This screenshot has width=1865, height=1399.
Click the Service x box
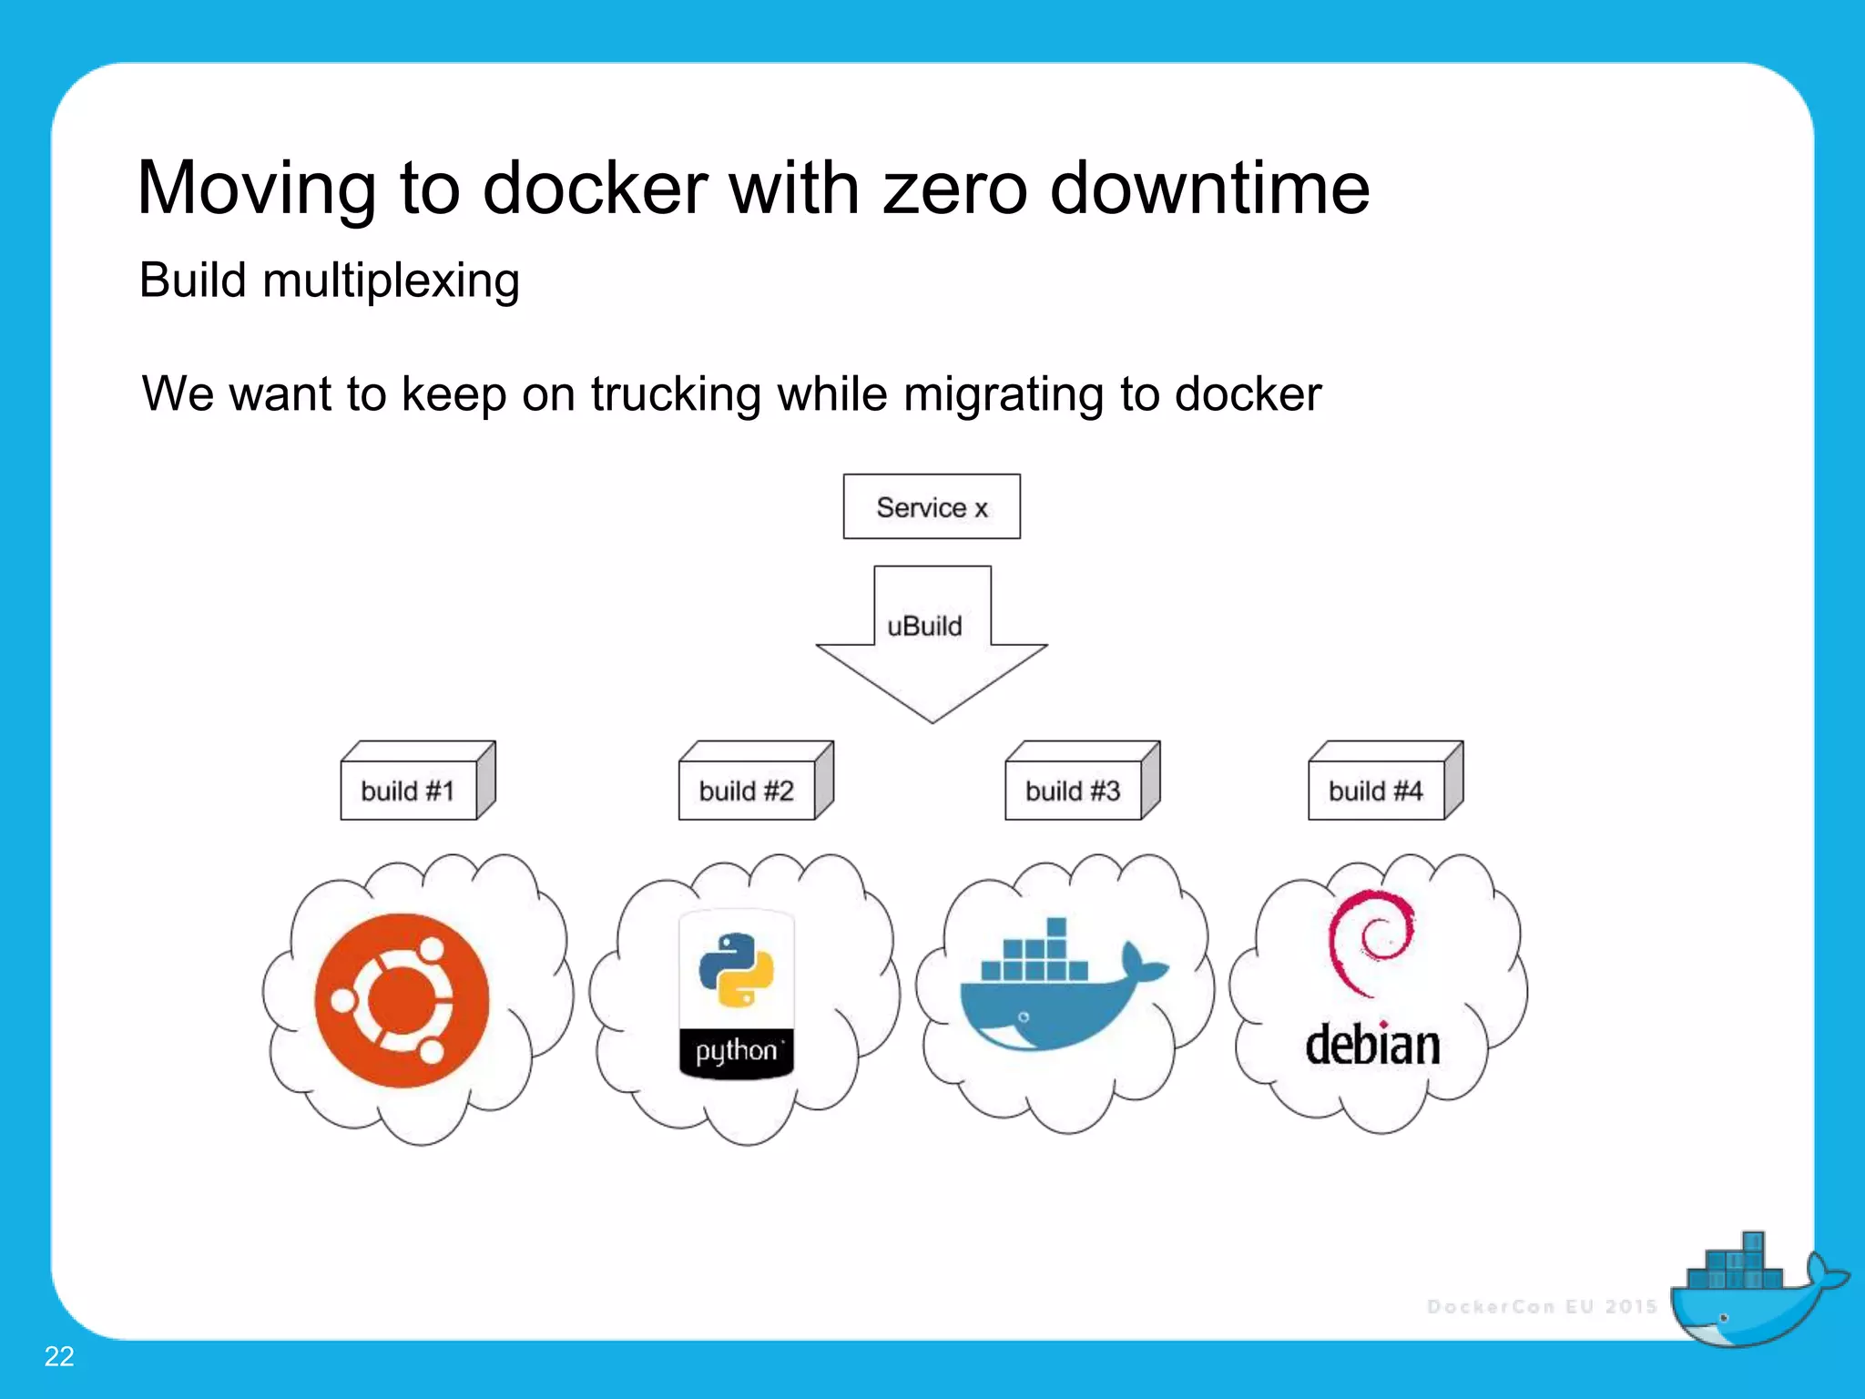[x=931, y=506]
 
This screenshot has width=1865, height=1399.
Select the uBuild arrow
[x=932, y=647]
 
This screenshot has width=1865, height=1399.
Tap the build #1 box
[x=409, y=790]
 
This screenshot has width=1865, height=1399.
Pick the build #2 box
[x=747, y=790]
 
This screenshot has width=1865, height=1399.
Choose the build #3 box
[x=1073, y=790]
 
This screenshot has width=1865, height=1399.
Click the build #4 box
[x=1376, y=790]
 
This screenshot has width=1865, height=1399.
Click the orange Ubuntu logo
[x=402, y=1000]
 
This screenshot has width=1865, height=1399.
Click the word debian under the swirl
[x=1372, y=1044]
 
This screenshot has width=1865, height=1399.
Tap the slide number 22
[x=59, y=1356]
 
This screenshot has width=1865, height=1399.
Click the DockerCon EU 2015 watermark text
[x=1541, y=1306]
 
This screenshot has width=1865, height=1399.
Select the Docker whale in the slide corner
[x=1753, y=1293]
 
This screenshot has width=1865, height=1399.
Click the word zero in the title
[x=955, y=189]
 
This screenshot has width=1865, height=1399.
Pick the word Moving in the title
[x=256, y=189]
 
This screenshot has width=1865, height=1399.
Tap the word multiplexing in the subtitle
[x=391, y=281]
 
